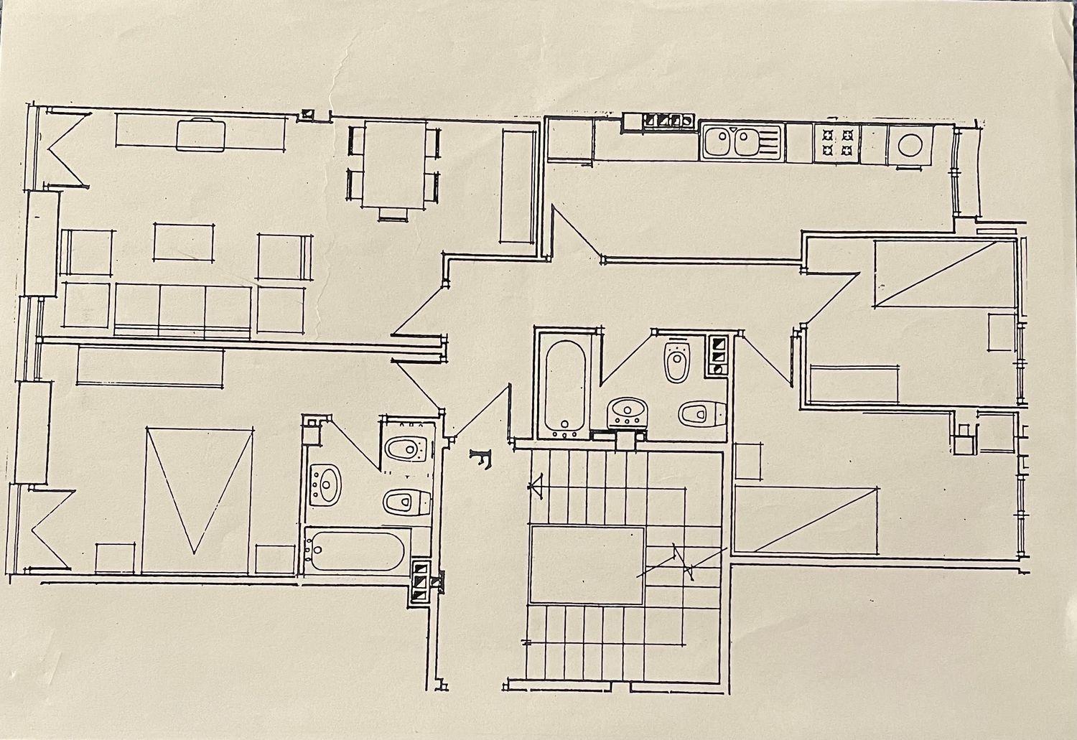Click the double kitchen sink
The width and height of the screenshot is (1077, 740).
[x=742, y=141]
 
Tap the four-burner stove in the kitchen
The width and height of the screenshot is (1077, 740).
[x=836, y=143]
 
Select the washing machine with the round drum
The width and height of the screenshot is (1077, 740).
[x=910, y=145]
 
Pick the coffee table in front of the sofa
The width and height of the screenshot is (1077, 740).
[x=184, y=243]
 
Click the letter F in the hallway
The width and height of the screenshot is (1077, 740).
[x=481, y=459]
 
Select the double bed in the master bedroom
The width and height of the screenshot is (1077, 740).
[x=197, y=501]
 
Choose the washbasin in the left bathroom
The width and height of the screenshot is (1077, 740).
[x=325, y=485]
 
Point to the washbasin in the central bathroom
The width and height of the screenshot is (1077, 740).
[x=628, y=412]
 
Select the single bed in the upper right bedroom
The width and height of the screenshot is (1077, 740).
[x=946, y=273]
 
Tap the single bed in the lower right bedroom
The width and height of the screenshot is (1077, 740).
[x=806, y=519]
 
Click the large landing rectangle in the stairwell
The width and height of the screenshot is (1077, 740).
[x=586, y=565]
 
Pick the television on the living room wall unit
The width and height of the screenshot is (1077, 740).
[x=200, y=135]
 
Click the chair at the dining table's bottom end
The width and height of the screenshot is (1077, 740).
[x=393, y=215]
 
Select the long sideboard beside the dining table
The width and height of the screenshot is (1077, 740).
[x=518, y=186]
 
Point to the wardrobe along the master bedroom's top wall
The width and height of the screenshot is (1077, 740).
[x=150, y=366]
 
